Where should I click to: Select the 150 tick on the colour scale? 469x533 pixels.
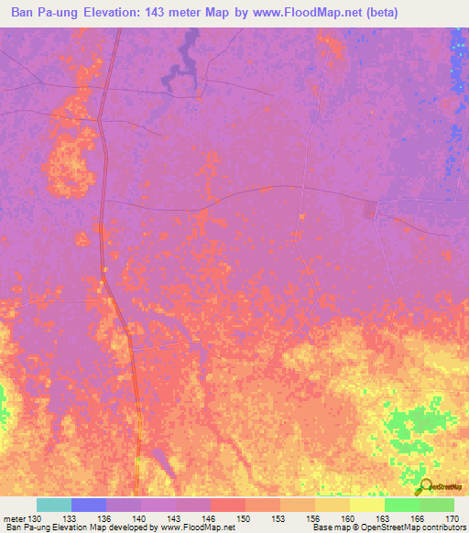pyautogui.click(x=245, y=518)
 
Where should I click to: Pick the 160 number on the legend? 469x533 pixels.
pyautogui.click(x=349, y=518)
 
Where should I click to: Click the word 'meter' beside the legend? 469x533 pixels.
pyautogui.click(x=14, y=518)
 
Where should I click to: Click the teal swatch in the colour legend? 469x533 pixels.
pyautogui.click(x=53, y=505)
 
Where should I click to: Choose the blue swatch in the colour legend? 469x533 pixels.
pyautogui.click(x=88, y=505)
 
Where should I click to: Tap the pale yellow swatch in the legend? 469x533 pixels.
pyautogui.click(x=366, y=505)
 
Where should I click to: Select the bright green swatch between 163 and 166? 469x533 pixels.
pyautogui.click(x=401, y=505)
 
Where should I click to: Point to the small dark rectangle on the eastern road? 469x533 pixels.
pyautogui.click(x=370, y=210)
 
